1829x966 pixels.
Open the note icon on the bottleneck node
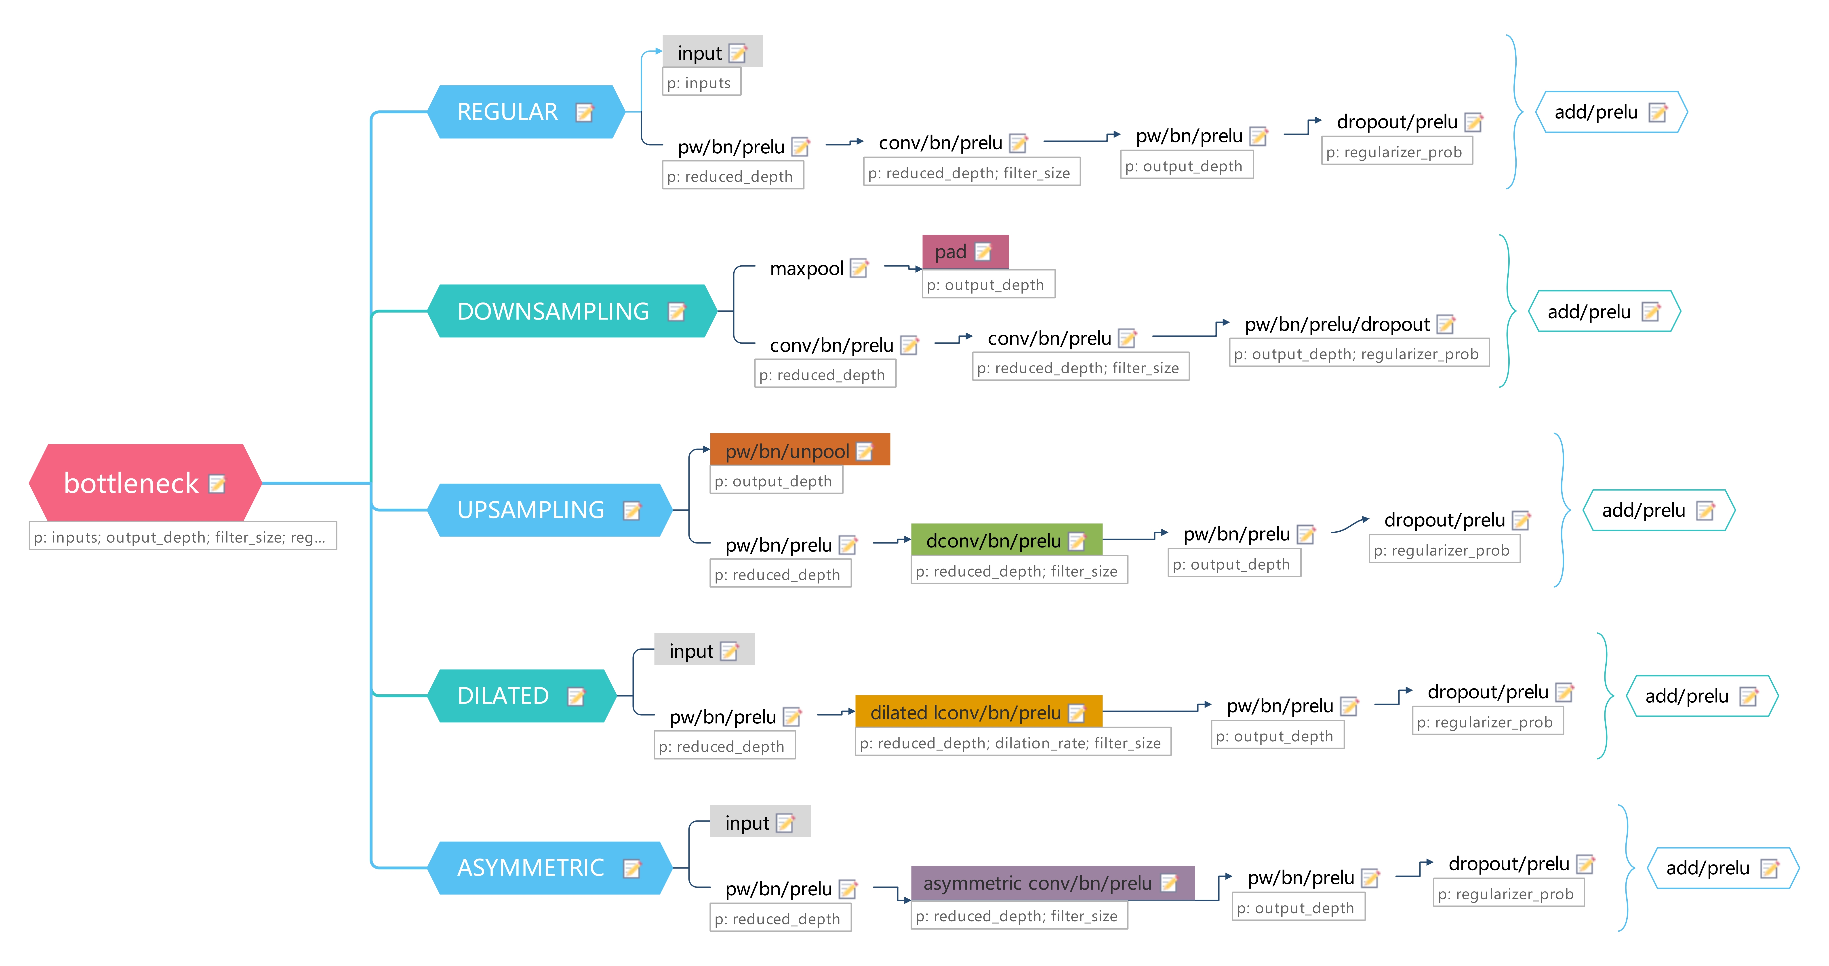tap(217, 484)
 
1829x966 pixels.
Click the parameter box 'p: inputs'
tap(700, 82)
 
